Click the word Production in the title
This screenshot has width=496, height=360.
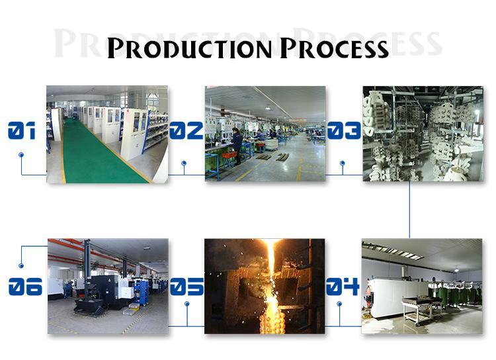click(x=190, y=48)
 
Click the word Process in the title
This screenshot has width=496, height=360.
click(x=334, y=48)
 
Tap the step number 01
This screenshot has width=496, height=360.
click(x=21, y=131)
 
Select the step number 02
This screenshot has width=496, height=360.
click(x=186, y=131)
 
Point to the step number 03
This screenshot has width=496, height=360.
click(x=343, y=131)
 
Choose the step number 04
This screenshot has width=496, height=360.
click(x=343, y=287)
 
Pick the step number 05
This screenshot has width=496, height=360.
click(x=186, y=287)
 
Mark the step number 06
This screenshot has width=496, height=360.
click(x=25, y=287)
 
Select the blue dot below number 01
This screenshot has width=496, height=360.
click(x=21, y=155)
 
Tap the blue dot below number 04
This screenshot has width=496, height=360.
click(x=339, y=304)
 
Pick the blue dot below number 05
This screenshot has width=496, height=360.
click(x=186, y=304)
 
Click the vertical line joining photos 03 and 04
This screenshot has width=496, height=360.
click(x=409, y=208)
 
